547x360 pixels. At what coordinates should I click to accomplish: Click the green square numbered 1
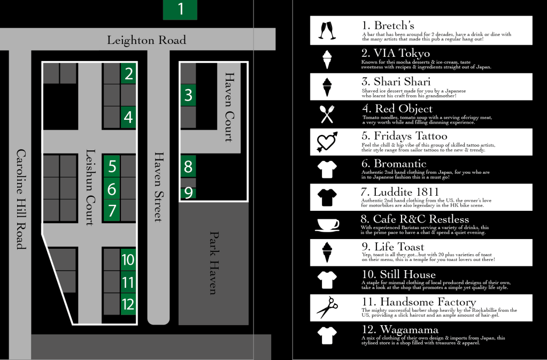coord(180,10)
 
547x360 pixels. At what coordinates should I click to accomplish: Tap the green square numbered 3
coord(188,95)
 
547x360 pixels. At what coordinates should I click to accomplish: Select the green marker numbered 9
coord(188,193)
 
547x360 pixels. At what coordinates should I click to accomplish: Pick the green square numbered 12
coord(128,304)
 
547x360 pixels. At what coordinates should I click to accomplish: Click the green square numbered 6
coord(112,189)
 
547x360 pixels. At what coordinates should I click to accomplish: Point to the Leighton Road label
coord(147,40)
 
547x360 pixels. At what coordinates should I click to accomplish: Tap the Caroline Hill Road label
coord(20,198)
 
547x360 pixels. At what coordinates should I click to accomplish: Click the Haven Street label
coord(158,186)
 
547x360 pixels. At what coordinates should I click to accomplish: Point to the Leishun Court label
coord(90,188)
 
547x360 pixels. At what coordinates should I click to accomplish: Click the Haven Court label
coord(229,107)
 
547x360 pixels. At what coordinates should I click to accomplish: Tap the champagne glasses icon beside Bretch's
coord(327,30)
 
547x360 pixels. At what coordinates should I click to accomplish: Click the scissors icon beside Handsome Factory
coord(327,308)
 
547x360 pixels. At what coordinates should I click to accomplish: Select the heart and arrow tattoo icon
coord(327,141)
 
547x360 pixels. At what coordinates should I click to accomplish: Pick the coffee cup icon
coord(327,225)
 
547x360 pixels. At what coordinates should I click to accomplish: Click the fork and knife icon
coord(327,113)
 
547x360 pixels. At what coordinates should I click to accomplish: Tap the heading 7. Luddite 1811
coord(400,192)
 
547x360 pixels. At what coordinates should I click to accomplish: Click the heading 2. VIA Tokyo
coord(396,53)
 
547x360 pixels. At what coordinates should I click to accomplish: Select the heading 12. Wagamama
coord(400,330)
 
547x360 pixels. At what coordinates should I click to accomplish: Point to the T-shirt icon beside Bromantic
coord(327,170)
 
